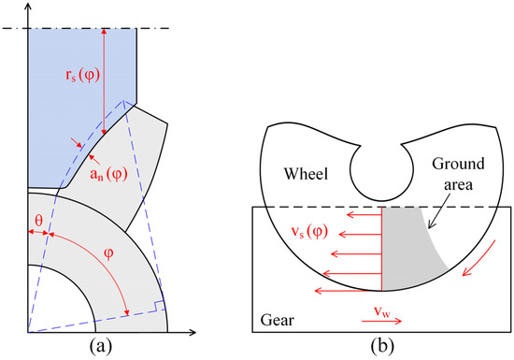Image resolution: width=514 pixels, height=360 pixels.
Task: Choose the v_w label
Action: coord(382,307)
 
